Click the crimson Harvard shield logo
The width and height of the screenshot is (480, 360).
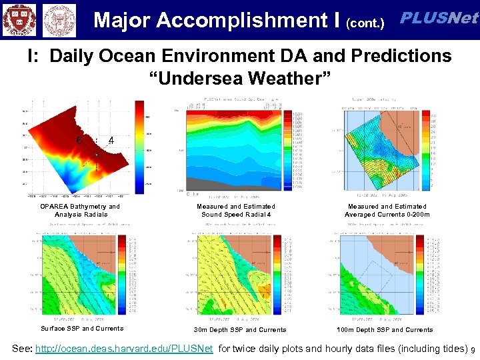pos(19,19)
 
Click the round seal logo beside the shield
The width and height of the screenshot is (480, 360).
pos(59,20)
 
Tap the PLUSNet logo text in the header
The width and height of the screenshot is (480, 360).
pos(438,19)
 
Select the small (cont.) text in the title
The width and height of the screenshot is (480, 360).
pos(365,24)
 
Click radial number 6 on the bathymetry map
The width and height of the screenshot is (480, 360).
pos(79,141)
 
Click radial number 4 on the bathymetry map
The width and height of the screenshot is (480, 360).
pos(111,141)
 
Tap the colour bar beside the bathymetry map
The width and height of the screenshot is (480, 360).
pos(139,147)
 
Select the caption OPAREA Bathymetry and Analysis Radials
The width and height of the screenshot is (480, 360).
pos(81,211)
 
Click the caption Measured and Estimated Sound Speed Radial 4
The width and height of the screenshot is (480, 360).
pos(236,211)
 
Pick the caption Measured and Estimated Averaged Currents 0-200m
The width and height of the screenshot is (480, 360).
pos(387,211)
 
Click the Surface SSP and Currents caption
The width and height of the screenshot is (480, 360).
pos(82,329)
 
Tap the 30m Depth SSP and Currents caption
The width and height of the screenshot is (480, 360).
pos(240,330)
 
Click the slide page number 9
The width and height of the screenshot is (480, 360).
pos(473,350)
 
